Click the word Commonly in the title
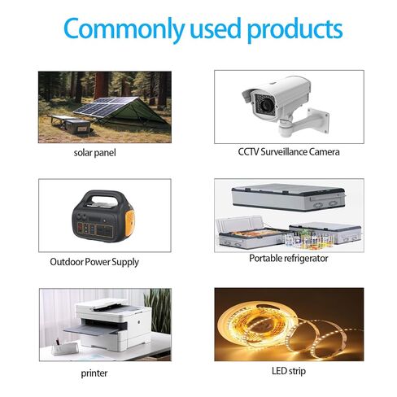pos(124,28)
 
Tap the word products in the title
pos(294,29)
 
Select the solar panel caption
pos(94,153)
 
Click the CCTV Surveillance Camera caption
pos(289,151)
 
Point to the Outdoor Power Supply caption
pos(94,262)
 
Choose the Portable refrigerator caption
pos(289,258)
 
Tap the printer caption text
pos(94,373)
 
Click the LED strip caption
pos(289,371)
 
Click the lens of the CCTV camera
pos(266,104)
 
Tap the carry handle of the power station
pos(104,197)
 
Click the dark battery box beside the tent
pos(77,126)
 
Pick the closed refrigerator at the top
pos(289,197)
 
